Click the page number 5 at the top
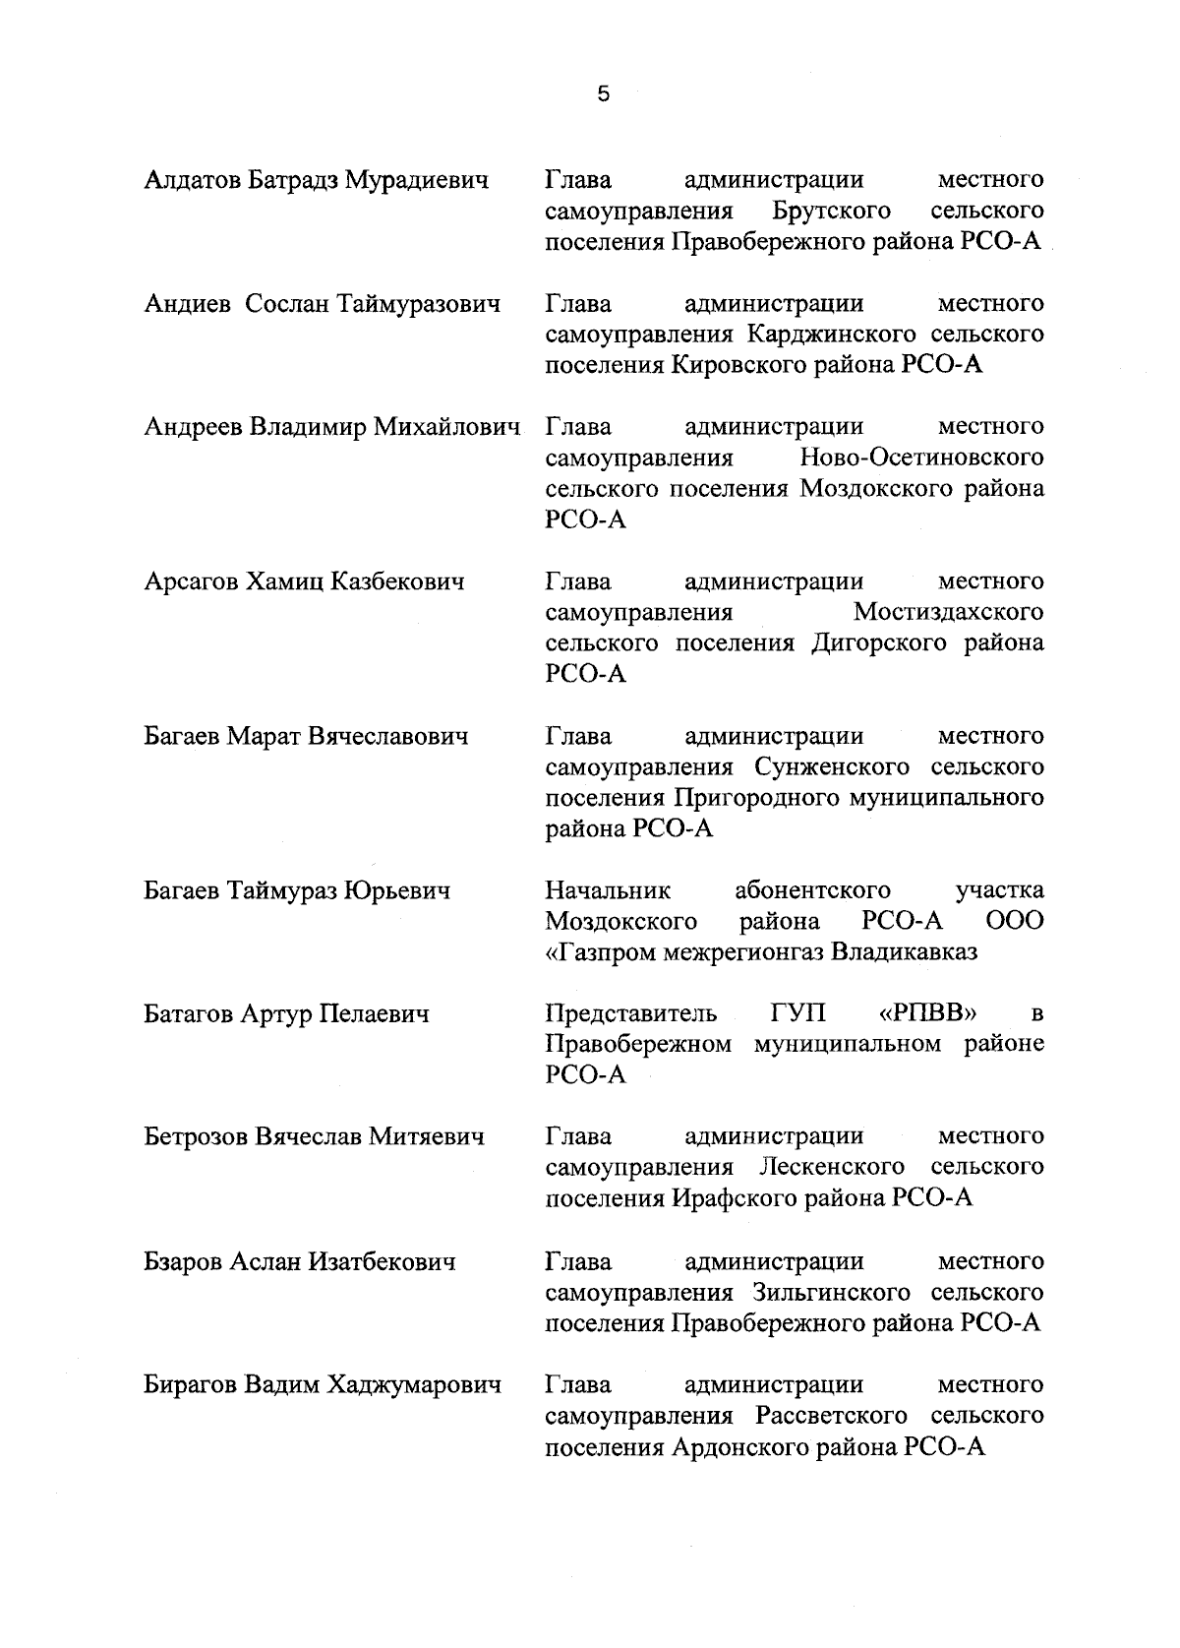pyautogui.click(x=603, y=94)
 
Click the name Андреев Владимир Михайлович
pyautogui.click(x=331, y=428)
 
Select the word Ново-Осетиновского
pyautogui.click(x=921, y=458)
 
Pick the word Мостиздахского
pyautogui.click(x=948, y=613)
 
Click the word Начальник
pyautogui.click(x=608, y=891)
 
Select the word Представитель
pyautogui.click(x=630, y=1013)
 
